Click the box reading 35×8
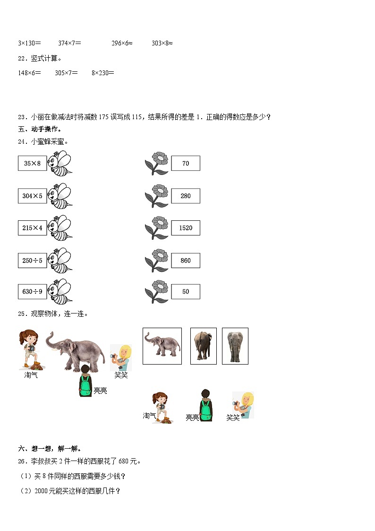(x=33, y=163)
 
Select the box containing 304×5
(x=33, y=196)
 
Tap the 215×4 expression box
(x=33, y=227)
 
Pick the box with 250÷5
(x=33, y=261)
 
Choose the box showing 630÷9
(x=33, y=292)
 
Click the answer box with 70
(x=186, y=163)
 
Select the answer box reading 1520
(x=186, y=227)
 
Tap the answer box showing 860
(x=186, y=261)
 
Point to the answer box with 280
(x=186, y=196)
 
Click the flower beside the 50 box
(x=156, y=292)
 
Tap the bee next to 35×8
(x=60, y=164)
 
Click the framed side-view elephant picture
(x=162, y=346)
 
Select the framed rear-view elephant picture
(x=204, y=346)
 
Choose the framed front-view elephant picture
(x=235, y=346)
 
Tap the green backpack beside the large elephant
(x=85, y=385)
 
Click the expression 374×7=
(x=69, y=43)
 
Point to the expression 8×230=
(x=103, y=73)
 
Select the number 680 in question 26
(x=124, y=461)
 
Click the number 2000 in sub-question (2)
(x=41, y=491)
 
